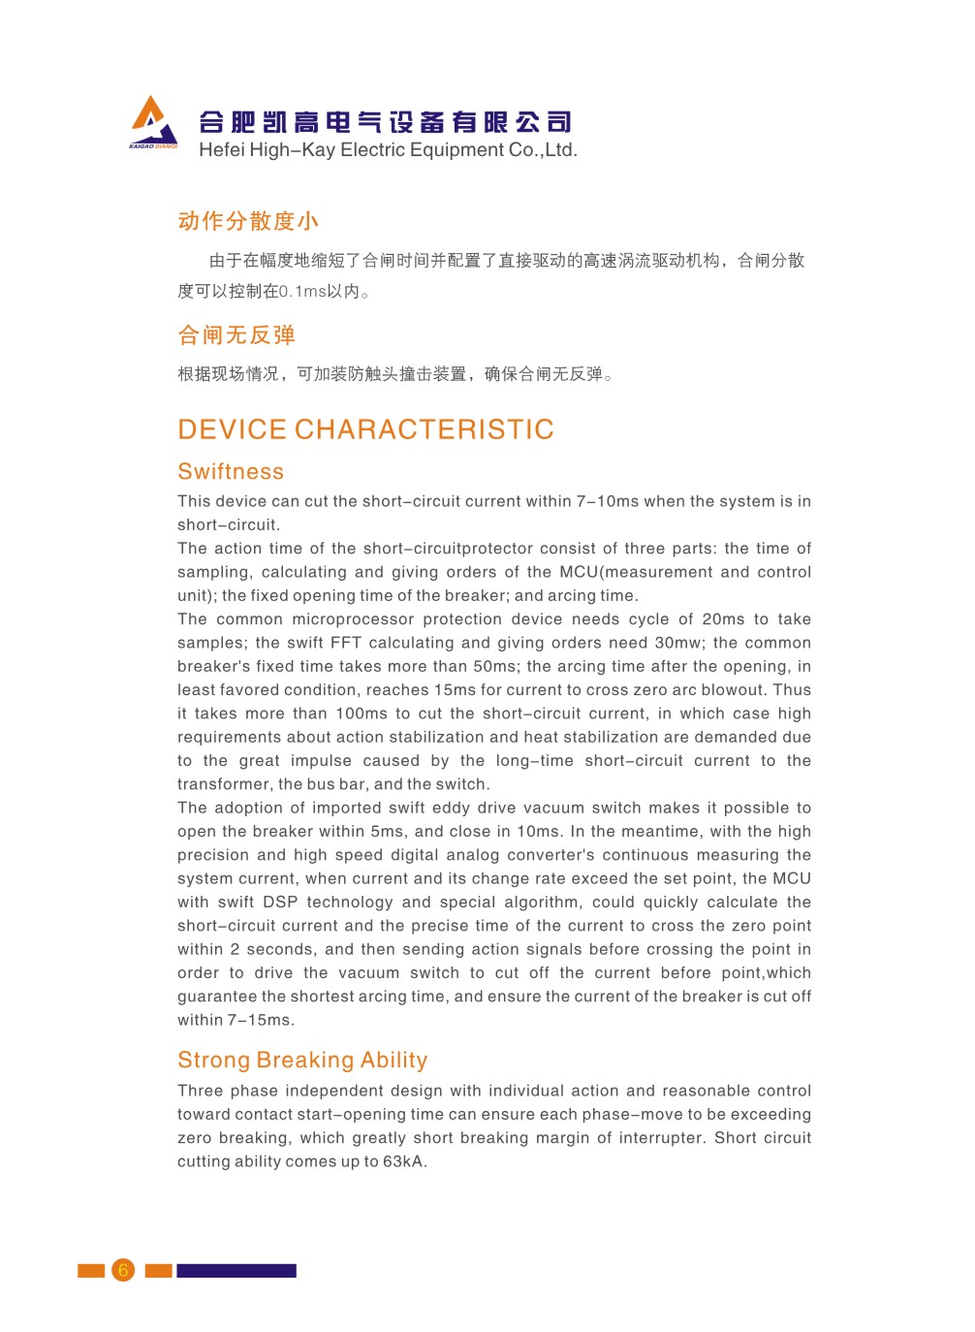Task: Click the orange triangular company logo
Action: tap(153, 122)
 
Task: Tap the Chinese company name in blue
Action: tap(385, 122)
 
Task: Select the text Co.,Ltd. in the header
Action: tap(543, 150)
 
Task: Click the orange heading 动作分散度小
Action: tap(248, 221)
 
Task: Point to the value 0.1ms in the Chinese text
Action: tap(302, 292)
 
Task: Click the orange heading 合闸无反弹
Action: tap(236, 335)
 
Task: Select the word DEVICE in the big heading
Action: tap(232, 429)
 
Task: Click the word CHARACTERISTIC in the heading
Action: tap(424, 429)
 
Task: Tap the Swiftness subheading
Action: tap(231, 472)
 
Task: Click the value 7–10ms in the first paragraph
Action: tap(608, 501)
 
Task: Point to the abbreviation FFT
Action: tap(346, 643)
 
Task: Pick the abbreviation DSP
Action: tap(280, 903)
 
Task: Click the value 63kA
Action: tap(403, 1161)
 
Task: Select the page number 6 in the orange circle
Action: tap(123, 1270)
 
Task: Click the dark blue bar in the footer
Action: tap(236, 1270)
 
